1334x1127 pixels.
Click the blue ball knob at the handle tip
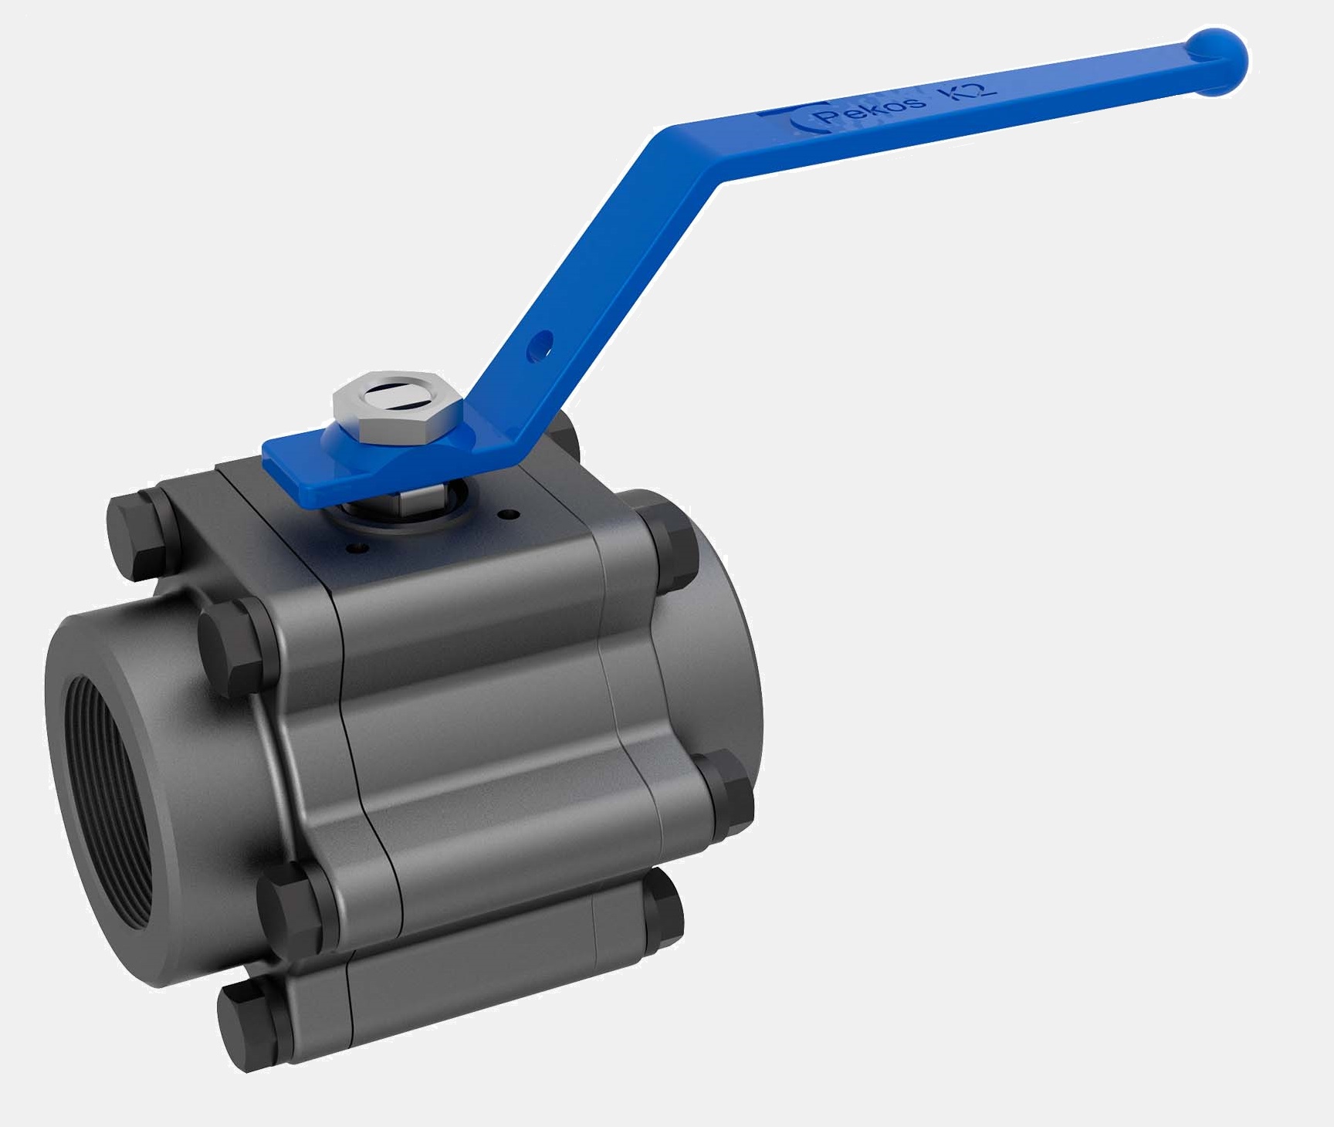(1217, 62)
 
